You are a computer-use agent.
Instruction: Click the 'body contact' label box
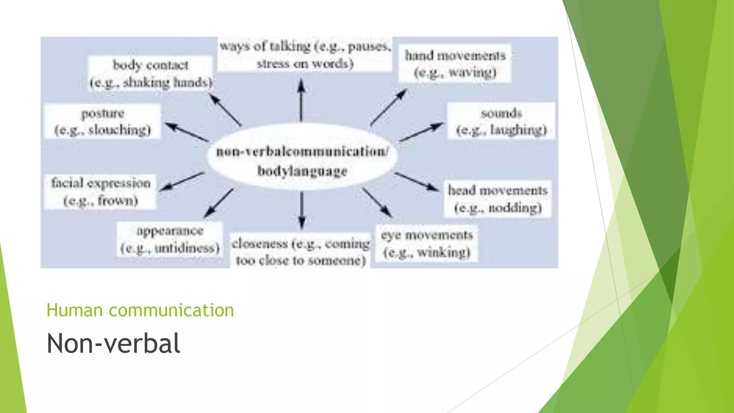[x=151, y=73]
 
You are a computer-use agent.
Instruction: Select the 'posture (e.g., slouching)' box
[x=103, y=121]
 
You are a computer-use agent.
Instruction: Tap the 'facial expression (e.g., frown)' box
[x=100, y=191]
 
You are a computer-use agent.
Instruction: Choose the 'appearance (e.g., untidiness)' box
[x=170, y=239]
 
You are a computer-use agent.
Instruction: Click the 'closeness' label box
[x=300, y=251]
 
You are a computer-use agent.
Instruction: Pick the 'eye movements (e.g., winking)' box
[x=426, y=243]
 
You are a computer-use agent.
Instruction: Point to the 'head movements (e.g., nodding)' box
[x=497, y=199]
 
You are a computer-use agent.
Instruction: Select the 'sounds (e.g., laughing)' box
[x=501, y=121]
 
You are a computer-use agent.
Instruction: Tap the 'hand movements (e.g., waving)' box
[x=455, y=63]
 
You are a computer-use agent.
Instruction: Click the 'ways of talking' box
[x=305, y=54]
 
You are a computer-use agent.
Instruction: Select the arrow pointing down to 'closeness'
[x=302, y=210]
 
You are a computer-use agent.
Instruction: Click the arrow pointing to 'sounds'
[x=421, y=132]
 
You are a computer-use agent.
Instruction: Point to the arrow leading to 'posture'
[x=186, y=132]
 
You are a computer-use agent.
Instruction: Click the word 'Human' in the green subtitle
[x=75, y=310]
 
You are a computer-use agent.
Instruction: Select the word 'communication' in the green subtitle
[x=171, y=310]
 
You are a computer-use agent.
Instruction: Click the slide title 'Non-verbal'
[x=113, y=343]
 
